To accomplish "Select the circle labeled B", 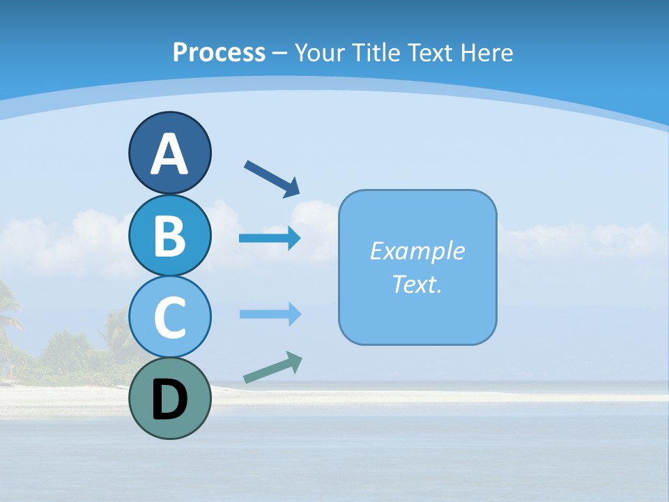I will point(169,235).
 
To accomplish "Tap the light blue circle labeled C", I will point(169,317).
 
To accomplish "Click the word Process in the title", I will point(219,52).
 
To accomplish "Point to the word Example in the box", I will point(417,251).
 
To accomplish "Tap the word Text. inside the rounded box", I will point(417,284).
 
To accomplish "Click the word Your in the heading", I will point(319,52).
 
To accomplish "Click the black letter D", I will point(169,400).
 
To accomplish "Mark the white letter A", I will point(169,154).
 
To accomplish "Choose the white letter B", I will point(169,236).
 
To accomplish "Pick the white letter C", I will point(169,317).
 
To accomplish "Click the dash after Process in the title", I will point(280,53).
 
